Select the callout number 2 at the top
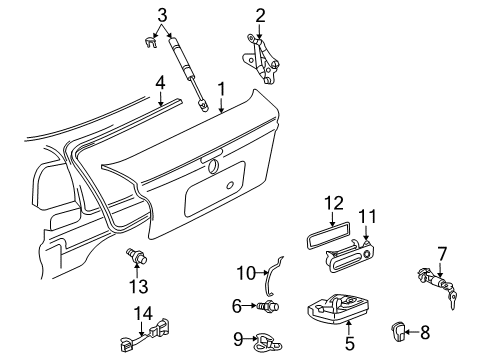pyautogui.click(x=260, y=16)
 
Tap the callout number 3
pyautogui.click(x=162, y=15)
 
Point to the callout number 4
pyautogui.click(x=160, y=82)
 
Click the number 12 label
pyautogui.click(x=333, y=203)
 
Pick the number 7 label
pyautogui.click(x=441, y=254)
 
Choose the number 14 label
pyautogui.click(x=143, y=314)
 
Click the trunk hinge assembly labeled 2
pyautogui.click(x=261, y=59)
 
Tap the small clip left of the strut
pyautogui.click(x=150, y=43)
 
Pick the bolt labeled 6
pyautogui.click(x=268, y=306)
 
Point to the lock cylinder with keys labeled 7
pyautogui.click(x=437, y=283)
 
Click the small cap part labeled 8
pyautogui.click(x=397, y=331)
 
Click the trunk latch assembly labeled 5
pyautogui.click(x=338, y=308)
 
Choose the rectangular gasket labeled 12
pyautogui.click(x=327, y=235)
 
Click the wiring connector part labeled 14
pyautogui.click(x=145, y=335)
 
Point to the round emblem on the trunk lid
pyautogui.click(x=212, y=166)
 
